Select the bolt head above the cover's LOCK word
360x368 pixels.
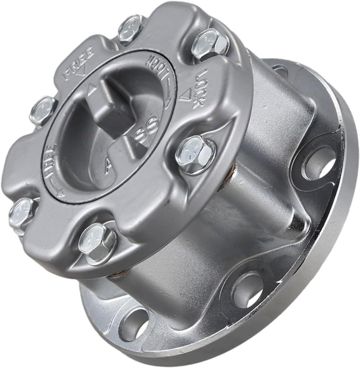pos(211,44)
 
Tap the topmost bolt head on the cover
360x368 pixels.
pos(131,28)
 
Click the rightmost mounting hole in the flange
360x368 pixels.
pos(320,162)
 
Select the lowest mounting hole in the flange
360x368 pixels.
pos(135,323)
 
